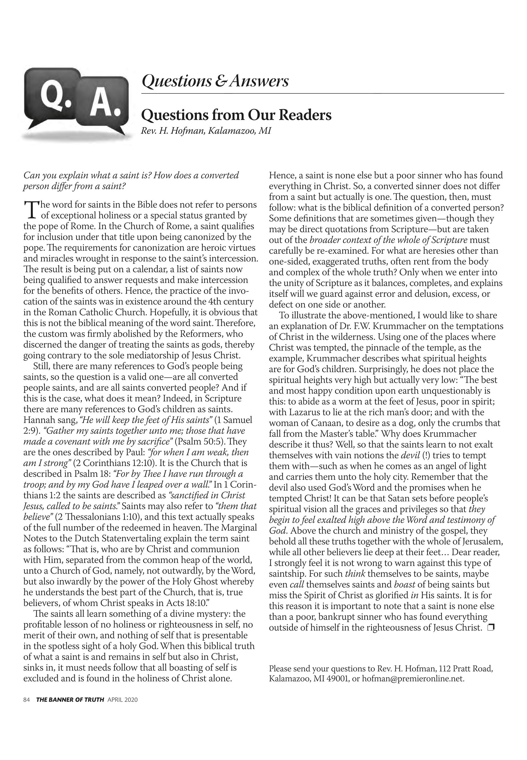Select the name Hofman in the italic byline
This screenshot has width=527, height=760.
point(184,131)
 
